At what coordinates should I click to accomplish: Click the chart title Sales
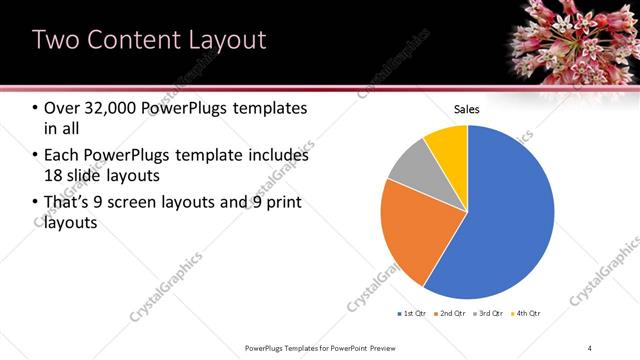[467, 108]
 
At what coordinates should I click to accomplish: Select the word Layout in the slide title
[225, 40]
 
